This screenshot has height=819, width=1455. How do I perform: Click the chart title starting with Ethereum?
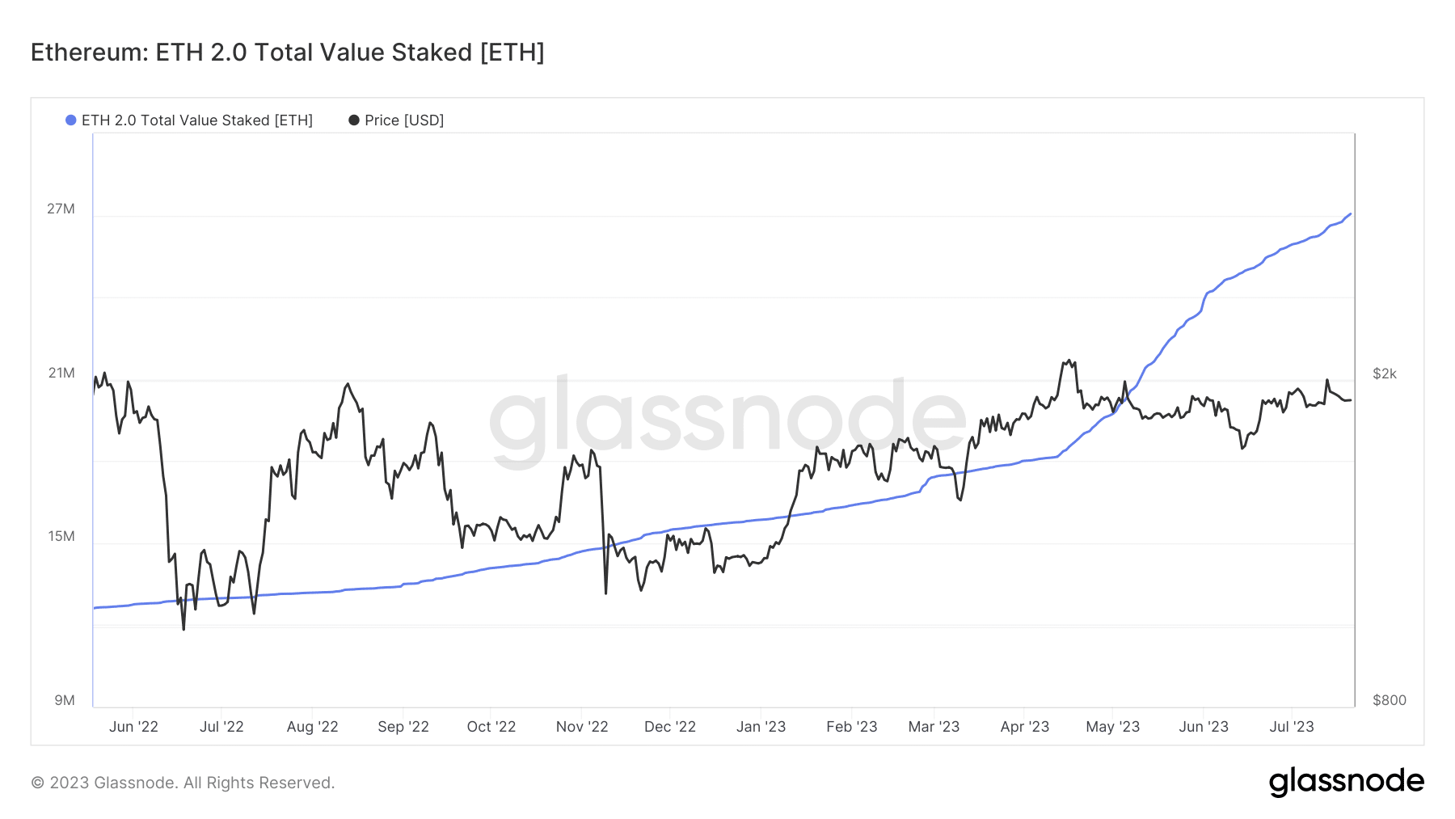[x=287, y=53]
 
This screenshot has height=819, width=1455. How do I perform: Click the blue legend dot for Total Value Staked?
[x=71, y=120]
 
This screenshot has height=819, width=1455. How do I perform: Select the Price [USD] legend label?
[x=403, y=120]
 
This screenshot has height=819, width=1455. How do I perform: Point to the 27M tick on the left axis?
[x=61, y=209]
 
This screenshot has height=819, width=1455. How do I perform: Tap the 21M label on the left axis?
[x=61, y=373]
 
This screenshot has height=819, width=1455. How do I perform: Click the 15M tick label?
[x=61, y=536]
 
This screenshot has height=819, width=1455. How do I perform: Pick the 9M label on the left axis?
[x=65, y=700]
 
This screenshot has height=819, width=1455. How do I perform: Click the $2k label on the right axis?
[x=1384, y=374]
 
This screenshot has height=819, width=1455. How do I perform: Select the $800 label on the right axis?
[x=1389, y=700]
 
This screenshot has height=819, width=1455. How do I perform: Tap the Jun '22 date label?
[x=133, y=727]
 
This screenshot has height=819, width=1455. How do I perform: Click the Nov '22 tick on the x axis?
[x=582, y=727]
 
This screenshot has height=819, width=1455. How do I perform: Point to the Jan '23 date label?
[x=761, y=727]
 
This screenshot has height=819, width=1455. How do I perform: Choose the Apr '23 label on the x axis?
[x=1024, y=727]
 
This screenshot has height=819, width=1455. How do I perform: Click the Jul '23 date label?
[x=1291, y=727]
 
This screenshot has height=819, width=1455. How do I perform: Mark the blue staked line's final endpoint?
[x=1350, y=214]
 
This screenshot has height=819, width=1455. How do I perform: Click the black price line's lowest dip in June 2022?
[x=183, y=628]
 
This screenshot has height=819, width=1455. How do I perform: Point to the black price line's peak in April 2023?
[x=1069, y=361]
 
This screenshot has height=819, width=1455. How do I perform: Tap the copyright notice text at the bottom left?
[x=183, y=783]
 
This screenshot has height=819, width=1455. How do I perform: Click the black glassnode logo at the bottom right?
[x=1346, y=782]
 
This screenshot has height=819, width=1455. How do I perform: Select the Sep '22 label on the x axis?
[x=403, y=727]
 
